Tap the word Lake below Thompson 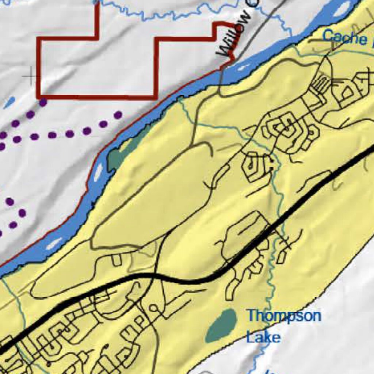263,337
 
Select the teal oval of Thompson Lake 221,326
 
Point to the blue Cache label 345,37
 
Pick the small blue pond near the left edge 9,102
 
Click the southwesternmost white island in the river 54,243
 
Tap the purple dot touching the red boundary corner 43,102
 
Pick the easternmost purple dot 118,115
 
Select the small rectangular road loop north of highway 117,260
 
